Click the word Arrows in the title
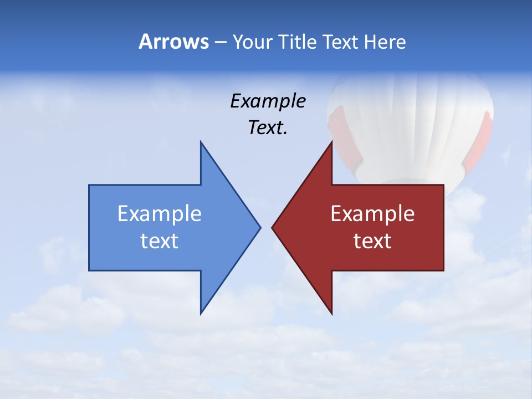coord(173,42)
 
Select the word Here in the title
coord(385,42)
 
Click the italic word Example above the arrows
coord(268,101)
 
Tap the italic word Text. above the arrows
coord(268,128)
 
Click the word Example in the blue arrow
coord(160,214)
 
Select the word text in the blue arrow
coord(160,241)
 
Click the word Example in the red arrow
coord(372,214)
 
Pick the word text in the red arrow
coord(372,241)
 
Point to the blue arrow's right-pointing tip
coord(259,227)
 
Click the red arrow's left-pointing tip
coord(273,227)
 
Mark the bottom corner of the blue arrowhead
coord(201,313)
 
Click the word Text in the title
coord(340,42)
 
